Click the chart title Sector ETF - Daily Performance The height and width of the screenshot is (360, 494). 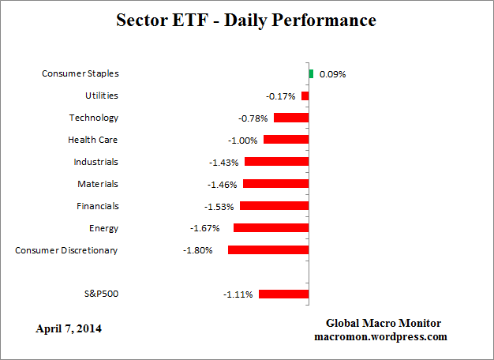(246, 20)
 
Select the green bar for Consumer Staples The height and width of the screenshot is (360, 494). (311, 73)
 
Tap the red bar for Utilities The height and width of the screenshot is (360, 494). (305, 96)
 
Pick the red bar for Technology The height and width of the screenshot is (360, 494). (291, 118)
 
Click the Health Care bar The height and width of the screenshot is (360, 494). (286, 140)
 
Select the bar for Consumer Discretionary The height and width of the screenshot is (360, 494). (268, 250)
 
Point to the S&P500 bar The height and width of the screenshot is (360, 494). (283, 294)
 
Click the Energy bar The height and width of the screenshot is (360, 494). (271, 228)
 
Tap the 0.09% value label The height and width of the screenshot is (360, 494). (332, 74)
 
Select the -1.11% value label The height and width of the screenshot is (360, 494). (238, 295)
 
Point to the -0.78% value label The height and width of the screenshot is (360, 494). (253, 118)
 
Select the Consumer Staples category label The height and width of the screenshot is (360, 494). (80, 73)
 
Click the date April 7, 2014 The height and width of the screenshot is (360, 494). (68, 328)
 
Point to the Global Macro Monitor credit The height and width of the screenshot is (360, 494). (383, 324)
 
